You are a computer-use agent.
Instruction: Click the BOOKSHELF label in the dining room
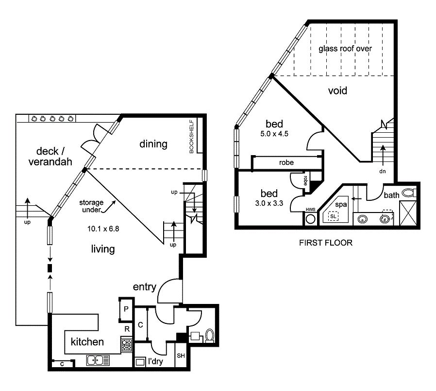191,137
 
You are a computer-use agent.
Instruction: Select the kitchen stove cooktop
126,344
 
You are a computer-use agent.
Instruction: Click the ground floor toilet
209,336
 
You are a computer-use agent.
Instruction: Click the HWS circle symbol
310,219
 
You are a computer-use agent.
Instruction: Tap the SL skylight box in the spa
333,216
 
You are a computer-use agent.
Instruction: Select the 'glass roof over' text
345,49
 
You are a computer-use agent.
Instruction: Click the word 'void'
337,90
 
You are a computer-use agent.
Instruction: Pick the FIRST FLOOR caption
326,243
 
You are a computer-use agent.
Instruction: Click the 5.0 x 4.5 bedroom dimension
274,134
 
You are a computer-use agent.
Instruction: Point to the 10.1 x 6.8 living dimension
103,229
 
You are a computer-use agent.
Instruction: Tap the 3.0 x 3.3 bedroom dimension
269,203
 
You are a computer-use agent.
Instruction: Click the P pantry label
126,309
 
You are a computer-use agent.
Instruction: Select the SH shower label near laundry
181,355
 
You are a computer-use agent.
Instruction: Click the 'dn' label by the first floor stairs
382,171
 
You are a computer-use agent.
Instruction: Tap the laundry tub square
140,362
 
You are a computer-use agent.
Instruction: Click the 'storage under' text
91,206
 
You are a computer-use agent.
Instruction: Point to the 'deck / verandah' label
50,156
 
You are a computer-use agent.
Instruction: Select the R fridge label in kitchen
127,329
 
